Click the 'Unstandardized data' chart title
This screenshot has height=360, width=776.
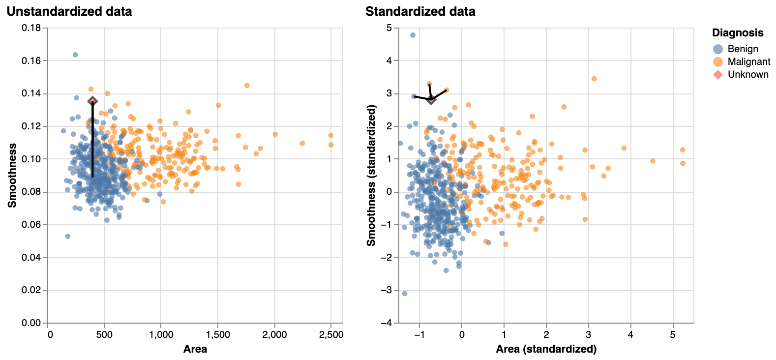(x=69, y=11)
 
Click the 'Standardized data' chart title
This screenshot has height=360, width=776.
(x=420, y=11)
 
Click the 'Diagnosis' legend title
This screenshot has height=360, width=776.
(x=738, y=33)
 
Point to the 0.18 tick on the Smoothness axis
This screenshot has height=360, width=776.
(x=31, y=28)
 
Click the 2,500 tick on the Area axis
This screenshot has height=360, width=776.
(x=331, y=335)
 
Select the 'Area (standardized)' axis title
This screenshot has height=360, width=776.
(x=546, y=349)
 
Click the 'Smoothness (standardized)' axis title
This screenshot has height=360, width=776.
(x=371, y=176)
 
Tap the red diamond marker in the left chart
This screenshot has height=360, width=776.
(x=92, y=101)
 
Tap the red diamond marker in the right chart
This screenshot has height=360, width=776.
(x=431, y=100)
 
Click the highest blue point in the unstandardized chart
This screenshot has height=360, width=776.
(x=75, y=55)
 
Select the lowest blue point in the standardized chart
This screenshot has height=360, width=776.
(x=405, y=293)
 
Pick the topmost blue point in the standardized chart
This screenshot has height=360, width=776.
(x=413, y=35)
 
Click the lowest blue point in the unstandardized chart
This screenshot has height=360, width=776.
(x=68, y=237)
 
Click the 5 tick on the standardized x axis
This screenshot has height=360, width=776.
(x=672, y=335)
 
